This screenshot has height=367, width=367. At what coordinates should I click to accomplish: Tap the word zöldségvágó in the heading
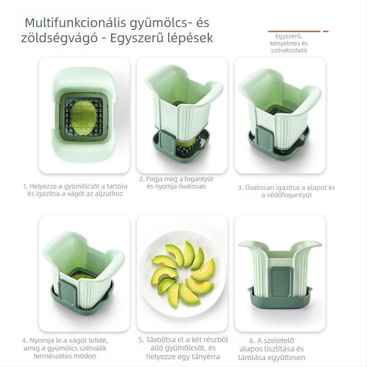click(x=60, y=38)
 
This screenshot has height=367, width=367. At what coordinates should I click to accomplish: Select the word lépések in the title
click(x=190, y=38)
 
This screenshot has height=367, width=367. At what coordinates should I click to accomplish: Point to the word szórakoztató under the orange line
click(x=289, y=50)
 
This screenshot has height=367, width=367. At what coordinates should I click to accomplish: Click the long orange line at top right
click(x=294, y=31)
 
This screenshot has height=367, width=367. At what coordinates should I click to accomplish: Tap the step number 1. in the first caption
click(x=26, y=187)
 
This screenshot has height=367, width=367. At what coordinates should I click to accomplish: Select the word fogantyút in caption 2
click(x=199, y=179)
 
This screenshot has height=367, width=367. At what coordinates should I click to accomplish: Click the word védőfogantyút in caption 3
click(x=286, y=195)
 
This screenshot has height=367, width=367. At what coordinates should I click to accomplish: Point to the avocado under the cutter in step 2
click(x=186, y=143)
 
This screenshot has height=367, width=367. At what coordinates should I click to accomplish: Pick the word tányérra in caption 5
click(x=206, y=357)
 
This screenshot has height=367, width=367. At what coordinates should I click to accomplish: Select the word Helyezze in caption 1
click(x=43, y=187)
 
